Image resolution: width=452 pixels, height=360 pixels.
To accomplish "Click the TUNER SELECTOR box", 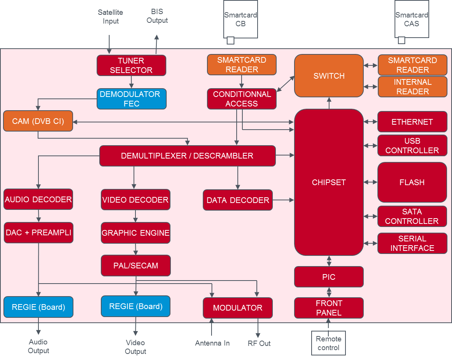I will pos(131,65).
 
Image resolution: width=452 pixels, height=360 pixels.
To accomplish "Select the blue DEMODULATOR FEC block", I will pos(131,99).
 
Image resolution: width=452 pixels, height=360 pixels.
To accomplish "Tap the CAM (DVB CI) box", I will pos(38,121).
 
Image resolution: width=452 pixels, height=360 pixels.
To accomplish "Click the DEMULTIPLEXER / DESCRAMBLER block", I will pos(187,156).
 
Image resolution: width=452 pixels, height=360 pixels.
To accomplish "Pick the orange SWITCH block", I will pos(329,76).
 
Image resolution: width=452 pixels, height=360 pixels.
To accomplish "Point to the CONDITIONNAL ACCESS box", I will pos(242,99).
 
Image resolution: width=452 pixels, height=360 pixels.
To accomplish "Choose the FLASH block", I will pos(412,182).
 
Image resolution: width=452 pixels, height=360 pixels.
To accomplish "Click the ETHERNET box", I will pos(412,122).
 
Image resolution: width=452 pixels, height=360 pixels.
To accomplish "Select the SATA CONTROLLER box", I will pos(412,216).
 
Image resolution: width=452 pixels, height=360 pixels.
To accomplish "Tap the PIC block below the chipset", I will pos(329,277).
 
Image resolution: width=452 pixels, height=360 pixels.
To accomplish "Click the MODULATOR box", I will pos(238,308).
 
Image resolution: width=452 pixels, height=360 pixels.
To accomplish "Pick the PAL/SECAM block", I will pos(135,266).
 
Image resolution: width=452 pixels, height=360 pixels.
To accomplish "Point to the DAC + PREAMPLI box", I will pos(38,233).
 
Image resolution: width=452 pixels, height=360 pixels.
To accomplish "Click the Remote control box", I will pos(328,343).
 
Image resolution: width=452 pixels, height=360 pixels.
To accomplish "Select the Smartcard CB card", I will pos(240,19).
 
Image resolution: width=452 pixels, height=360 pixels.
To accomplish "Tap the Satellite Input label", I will pos(110,17).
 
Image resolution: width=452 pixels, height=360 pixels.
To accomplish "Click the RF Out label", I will pos(259,343).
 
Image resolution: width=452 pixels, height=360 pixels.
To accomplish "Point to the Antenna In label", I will pos(212,343).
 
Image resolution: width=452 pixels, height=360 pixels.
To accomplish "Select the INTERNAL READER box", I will pos(412,87).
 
